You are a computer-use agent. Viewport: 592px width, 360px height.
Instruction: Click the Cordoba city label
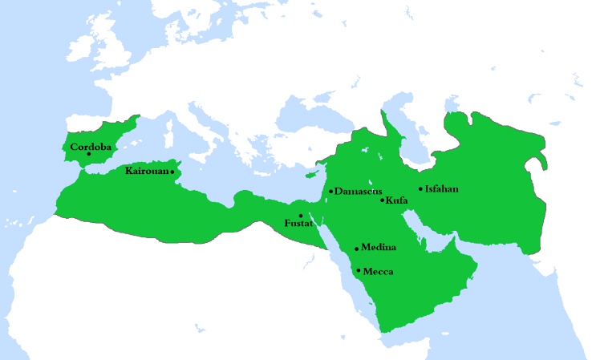point(91,147)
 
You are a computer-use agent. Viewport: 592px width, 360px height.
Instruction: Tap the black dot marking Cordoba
point(88,155)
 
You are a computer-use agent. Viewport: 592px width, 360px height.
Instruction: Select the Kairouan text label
point(147,171)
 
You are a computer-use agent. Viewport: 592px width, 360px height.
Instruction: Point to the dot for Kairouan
point(172,172)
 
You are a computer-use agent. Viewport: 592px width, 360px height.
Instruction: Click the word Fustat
point(298,224)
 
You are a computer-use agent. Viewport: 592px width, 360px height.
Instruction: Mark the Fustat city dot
point(301,216)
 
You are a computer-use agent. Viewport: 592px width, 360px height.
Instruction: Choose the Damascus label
point(358,191)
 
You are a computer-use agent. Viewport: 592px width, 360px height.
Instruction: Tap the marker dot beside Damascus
point(330,191)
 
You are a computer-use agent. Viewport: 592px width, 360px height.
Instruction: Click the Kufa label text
point(397,200)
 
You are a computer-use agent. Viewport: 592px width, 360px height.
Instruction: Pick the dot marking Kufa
point(383,199)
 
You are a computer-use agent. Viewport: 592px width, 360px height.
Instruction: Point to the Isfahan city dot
point(420,189)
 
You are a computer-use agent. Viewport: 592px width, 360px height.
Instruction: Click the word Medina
point(379,247)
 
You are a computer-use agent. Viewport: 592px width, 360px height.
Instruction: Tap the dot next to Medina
point(356,249)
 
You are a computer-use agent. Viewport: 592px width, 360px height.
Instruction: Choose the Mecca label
point(378,271)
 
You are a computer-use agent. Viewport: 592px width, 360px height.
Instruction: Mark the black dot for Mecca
point(358,270)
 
